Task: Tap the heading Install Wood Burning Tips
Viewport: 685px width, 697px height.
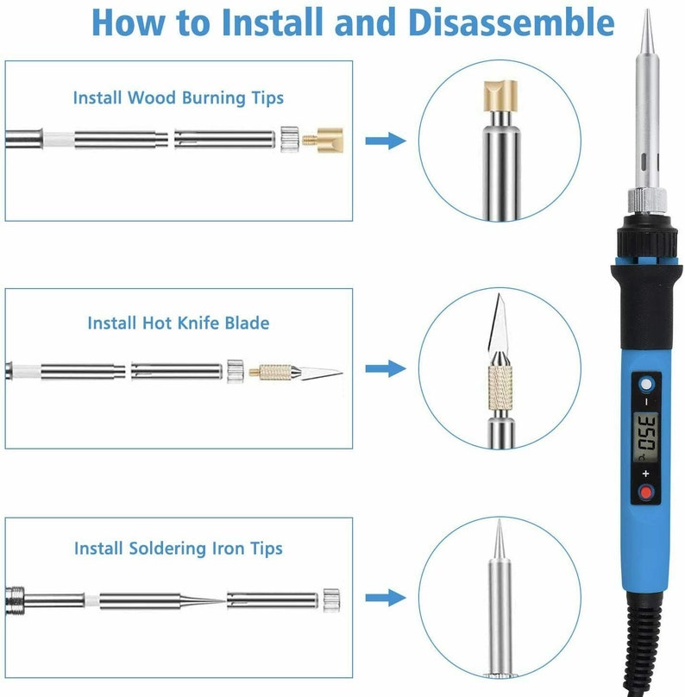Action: pos(179,97)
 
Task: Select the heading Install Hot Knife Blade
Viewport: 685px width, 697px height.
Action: pos(179,323)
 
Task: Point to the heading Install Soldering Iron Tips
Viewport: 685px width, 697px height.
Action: pos(179,548)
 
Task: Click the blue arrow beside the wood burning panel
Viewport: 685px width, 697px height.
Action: pos(386,141)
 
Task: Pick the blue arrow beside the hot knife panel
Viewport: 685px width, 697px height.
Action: pos(386,368)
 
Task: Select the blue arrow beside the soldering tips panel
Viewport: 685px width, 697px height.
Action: pos(386,598)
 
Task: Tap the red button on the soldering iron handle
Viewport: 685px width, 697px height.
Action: pos(646,493)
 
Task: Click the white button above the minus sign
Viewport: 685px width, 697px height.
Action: pos(646,384)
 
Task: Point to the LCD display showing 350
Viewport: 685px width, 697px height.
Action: pos(645,438)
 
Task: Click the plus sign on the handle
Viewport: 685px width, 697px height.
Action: pos(646,474)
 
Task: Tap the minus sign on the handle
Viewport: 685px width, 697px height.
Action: pos(646,402)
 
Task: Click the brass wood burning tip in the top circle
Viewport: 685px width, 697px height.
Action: pos(500,96)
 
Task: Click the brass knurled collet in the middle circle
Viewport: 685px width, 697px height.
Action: pos(500,386)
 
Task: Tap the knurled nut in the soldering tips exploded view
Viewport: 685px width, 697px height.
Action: pos(331,600)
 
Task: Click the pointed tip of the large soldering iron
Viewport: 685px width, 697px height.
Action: pos(647,9)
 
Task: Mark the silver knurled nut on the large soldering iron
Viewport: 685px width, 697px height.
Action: pos(647,201)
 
